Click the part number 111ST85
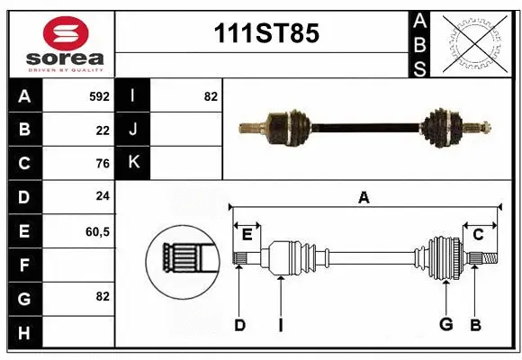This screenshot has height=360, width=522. click(265, 34)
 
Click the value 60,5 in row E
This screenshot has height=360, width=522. click(97, 231)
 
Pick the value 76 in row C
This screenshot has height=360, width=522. click(102, 164)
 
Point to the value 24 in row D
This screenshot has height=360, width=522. click(102, 197)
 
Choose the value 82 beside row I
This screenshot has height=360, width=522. click(211, 96)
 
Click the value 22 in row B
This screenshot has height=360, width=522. click(102, 130)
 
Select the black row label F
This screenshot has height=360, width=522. click(24, 265)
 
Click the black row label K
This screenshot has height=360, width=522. click(133, 163)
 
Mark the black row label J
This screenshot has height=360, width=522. click(133, 130)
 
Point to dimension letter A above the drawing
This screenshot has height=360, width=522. click(364, 197)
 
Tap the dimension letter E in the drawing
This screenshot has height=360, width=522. click(247, 235)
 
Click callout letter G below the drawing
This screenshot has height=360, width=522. click(445, 325)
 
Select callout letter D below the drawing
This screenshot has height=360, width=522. click(239, 325)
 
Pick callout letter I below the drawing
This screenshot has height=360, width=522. click(280, 325)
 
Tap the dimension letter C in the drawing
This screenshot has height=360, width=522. click(478, 235)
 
